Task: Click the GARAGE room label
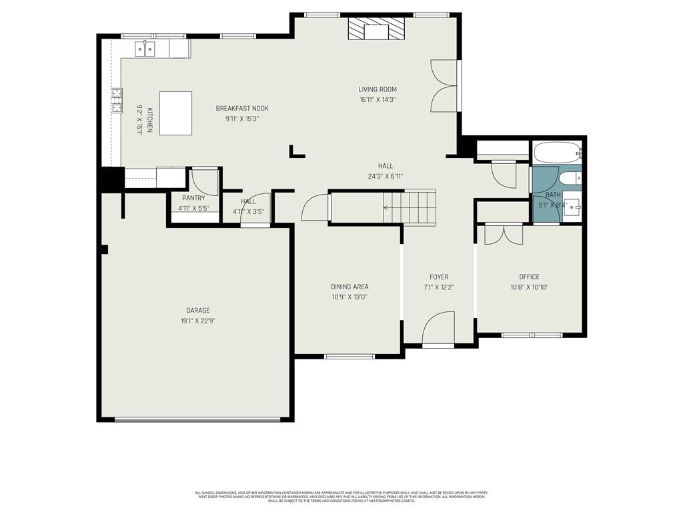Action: click(x=197, y=310)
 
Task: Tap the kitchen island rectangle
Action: click(x=175, y=113)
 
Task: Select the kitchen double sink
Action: click(x=145, y=48)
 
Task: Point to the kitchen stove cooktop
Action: click(x=117, y=101)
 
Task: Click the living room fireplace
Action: click(x=377, y=31)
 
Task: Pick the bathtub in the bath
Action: click(x=558, y=152)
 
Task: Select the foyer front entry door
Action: click(x=438, y=329)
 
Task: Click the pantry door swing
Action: click(x=203, y=182)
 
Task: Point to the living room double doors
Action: click(x=444, y=85)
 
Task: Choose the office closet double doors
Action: click(x=504, y=235)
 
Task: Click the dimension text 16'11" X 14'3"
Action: click(x=378, y=100)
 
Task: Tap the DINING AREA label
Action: click(x=350, y=287)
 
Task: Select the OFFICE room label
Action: click(x=530, y=277)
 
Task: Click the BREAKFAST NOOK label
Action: click(x=241, y=108)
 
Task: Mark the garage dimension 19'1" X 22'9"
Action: click(x=197, y=321)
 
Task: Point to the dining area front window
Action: click(x=349, y=357)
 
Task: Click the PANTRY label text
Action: click(x=193, y=198)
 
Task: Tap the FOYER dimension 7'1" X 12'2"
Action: click(x=438, y=287)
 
